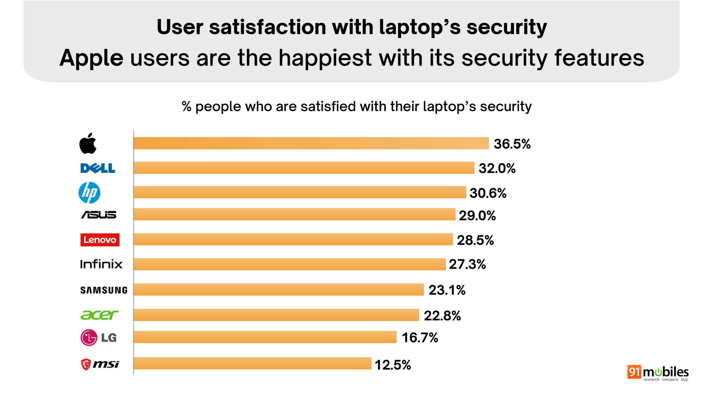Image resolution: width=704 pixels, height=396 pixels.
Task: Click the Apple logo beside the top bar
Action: click(88, 144)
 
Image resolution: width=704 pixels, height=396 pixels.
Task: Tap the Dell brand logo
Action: click(98, 168)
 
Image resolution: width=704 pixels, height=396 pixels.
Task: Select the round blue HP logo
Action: click(89, 193)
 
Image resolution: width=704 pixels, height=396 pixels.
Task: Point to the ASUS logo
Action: click(99, 215)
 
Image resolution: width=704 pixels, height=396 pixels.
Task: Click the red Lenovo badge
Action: click(100, 240)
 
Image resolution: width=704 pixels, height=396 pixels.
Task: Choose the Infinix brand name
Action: click(101, 264)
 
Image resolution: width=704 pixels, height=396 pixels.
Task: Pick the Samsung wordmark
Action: click(104, 290)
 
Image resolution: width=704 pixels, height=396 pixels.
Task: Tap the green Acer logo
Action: click(99, 315)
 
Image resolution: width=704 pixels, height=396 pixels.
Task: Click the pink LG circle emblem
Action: click(89, 337)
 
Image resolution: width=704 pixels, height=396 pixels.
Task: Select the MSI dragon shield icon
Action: click(86, 364)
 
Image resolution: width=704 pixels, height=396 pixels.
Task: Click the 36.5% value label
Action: click(512, 144)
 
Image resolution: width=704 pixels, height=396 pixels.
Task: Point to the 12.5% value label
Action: click(393, 365)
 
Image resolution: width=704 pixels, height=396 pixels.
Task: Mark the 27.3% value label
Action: click(467, 264)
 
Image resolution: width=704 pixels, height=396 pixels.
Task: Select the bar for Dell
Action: click(304, 168)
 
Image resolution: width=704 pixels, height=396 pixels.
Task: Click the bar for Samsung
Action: click(279, 290)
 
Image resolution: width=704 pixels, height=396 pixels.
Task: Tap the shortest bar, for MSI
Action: click(252, 363)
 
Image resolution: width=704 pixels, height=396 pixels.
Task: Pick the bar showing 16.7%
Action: click(265, 337)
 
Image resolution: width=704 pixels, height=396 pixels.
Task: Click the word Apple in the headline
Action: click(91, 58)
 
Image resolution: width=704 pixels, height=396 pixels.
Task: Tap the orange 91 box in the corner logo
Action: click(634, 372)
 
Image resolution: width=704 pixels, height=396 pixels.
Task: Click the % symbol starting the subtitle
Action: click(186, 106)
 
